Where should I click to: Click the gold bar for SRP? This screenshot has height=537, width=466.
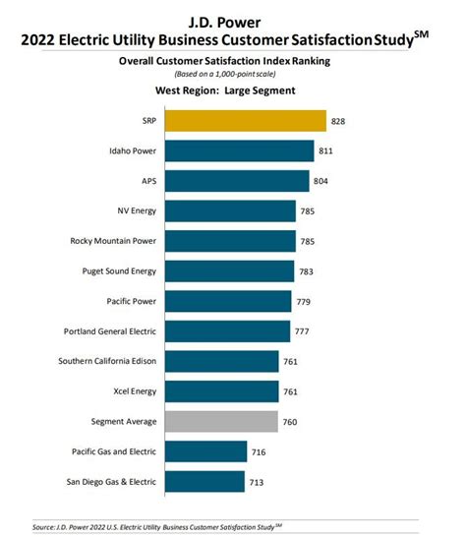tap(245, 121)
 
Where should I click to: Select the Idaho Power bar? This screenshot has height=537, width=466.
tap(240, 151)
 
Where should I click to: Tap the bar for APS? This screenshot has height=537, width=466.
tap(238, 181)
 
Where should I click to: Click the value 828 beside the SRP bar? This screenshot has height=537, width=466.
tap(339, 121)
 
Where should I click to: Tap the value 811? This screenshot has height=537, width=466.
tap(327, 151)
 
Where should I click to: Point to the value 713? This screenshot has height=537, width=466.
tap(257, 481)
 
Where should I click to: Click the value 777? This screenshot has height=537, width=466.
tap(303, 331)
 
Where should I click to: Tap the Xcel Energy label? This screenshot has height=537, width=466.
tap(127, 391)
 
